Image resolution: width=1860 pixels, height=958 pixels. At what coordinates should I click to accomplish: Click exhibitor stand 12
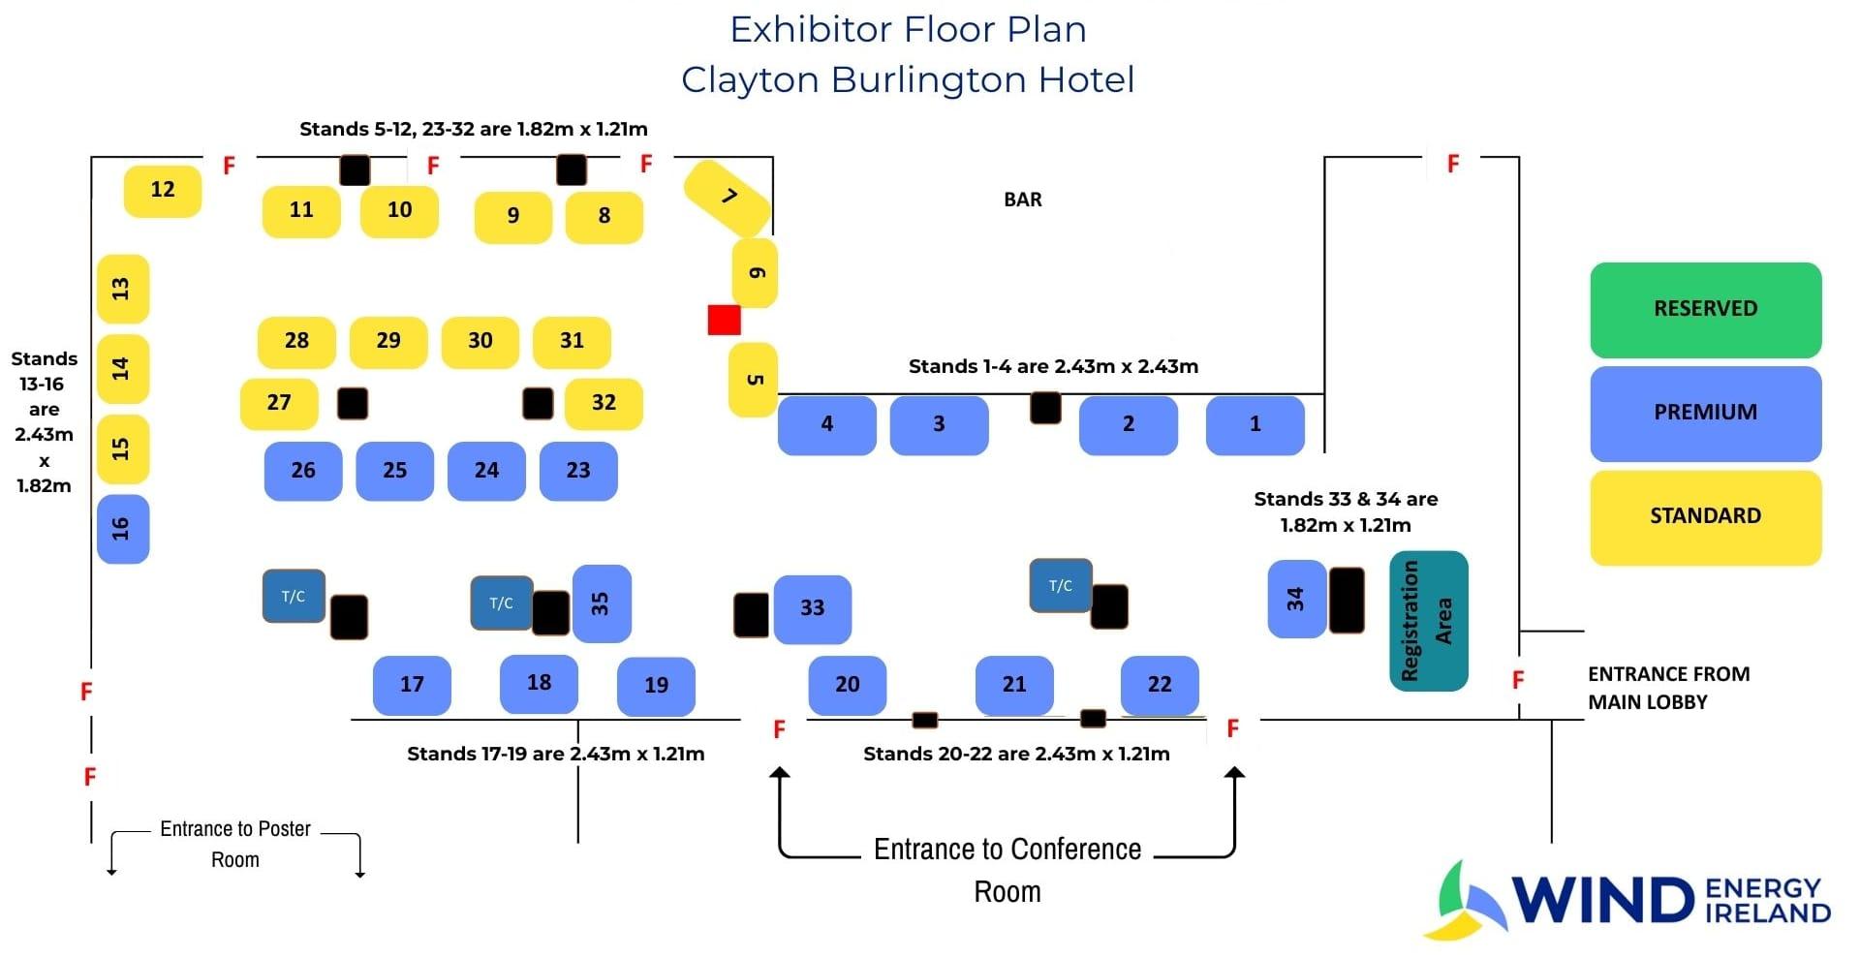pos(163,191)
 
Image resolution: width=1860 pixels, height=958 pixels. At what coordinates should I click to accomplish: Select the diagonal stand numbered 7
pos(728,198)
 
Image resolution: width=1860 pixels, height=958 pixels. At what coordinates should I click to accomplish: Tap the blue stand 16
pos(123,529)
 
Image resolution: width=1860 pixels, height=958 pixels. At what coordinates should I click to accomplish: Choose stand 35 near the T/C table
pos(602,603)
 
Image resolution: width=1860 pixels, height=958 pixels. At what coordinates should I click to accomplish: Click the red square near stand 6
pos(724,320)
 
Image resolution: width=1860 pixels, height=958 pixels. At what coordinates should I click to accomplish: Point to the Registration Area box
pos(1429,621)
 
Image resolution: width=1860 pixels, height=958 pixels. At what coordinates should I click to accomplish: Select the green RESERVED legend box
pos(1705,309)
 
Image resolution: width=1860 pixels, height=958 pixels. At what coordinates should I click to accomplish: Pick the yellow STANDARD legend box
pos(1705,517)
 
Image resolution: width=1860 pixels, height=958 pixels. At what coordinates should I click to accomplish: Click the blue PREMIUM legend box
pos(1705,413)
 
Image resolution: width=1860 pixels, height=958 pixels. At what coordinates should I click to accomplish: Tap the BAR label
pos(1023,200)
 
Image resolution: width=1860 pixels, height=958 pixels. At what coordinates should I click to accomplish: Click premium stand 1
pos(1255,424)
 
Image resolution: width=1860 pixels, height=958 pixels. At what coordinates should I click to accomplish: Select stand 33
pos(812,608)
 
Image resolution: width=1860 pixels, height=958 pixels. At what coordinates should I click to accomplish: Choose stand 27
pos(279,403)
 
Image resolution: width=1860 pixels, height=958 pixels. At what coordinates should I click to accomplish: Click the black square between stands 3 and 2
pos(1045,408)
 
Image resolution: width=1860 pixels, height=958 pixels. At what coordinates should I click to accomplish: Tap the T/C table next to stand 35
pos(501,603)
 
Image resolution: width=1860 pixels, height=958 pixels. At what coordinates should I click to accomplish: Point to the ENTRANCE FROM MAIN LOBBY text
pos(1668,688)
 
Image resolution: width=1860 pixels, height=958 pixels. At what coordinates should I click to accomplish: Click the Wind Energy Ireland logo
pos(1627,899)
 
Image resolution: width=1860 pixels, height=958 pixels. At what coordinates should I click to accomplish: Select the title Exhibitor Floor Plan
pos(908,29)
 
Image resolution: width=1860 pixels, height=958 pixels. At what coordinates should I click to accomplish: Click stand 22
pos(1160,685)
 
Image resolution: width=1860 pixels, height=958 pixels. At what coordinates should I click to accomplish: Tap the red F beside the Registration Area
pos(1518,680)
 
